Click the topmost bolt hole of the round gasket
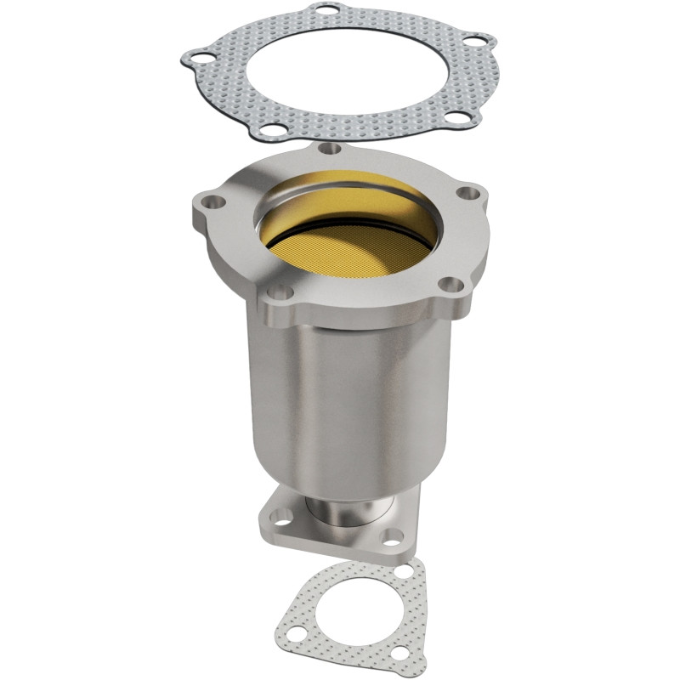[x=326, y=9]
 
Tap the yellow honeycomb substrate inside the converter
[x=348, y=242]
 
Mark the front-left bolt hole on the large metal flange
[x=280, y=293]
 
